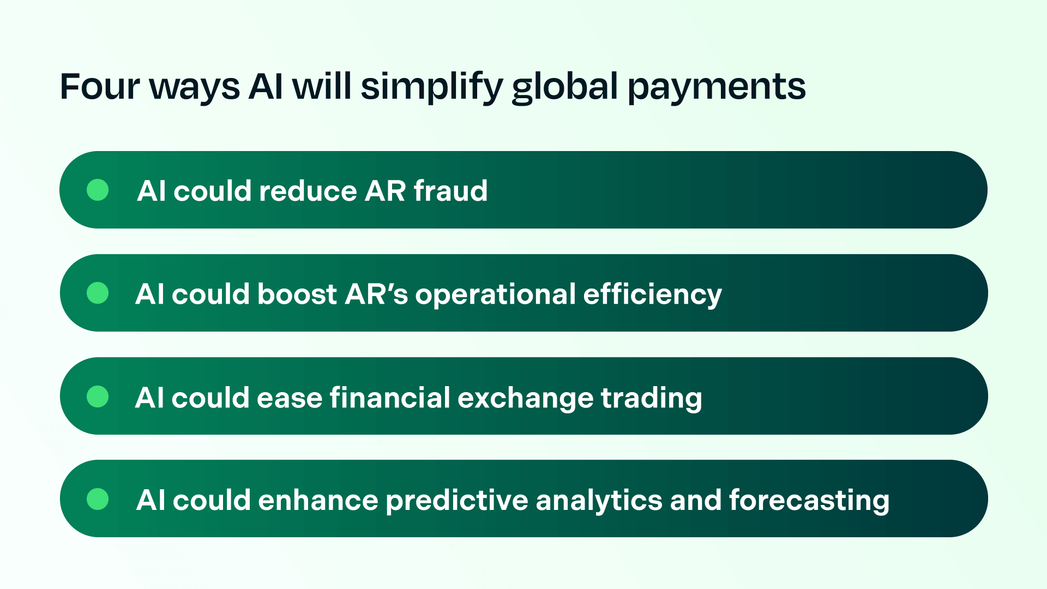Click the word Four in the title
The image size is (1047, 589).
tap(100, 87)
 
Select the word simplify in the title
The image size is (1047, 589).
tap(431, 87)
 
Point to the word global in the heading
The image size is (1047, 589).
tap(565, 87)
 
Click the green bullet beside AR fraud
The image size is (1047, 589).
tap(98, 190)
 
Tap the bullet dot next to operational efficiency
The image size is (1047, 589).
tap(98, 293)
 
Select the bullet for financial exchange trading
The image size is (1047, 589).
tap(98, 396)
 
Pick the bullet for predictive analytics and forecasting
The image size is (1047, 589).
tap(98, 499)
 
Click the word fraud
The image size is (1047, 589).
tap(450, 191)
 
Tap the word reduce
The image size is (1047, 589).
tap(308, 191)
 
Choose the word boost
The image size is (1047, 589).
tap(297, 294)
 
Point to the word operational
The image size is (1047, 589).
tap(496, 295)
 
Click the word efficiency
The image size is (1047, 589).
tap(652, 295)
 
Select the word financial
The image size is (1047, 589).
tap(390, 397)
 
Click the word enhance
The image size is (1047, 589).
tap(318, 501)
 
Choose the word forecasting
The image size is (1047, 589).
tap(809, 501)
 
